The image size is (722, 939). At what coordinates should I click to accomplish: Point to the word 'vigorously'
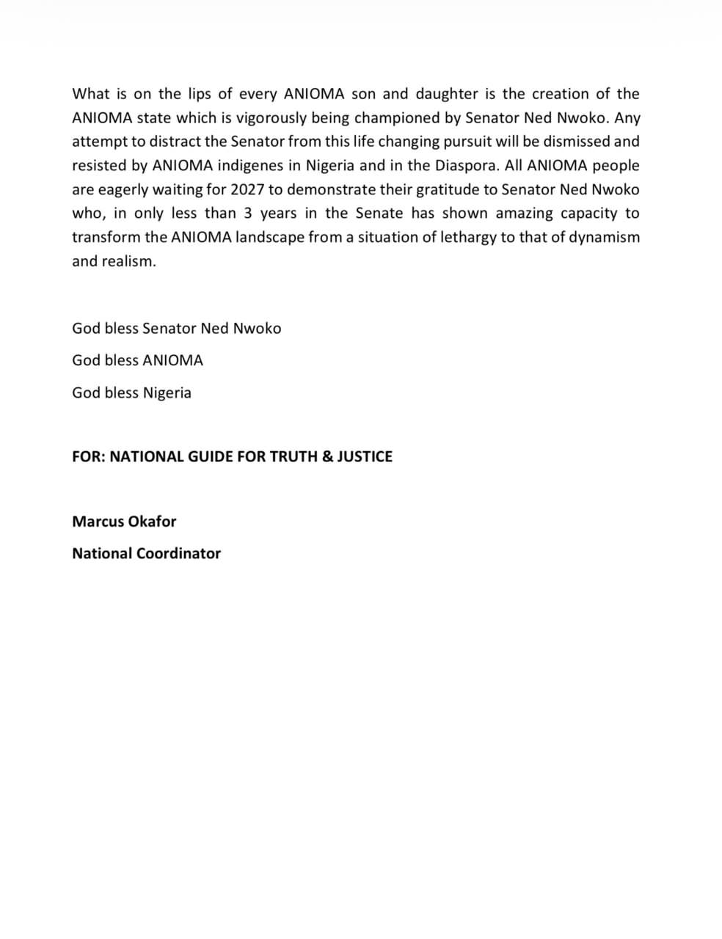(272, 118)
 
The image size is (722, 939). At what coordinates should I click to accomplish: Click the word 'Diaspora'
(467, 166)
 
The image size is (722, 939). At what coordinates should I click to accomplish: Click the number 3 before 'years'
(248, 213)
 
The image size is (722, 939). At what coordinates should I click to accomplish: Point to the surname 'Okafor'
(152, 522)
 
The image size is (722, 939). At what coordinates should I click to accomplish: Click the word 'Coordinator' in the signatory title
(178, 554)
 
